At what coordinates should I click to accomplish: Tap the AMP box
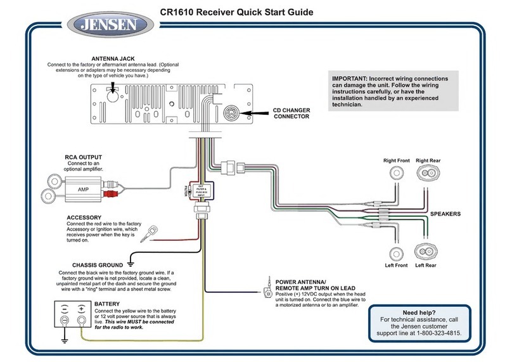[x=84, y=189]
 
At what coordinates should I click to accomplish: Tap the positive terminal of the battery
[x=80, y=320]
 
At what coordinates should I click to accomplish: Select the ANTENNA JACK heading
[x=112, y=58]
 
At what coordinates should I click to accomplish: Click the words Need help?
[x=419, y=313]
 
